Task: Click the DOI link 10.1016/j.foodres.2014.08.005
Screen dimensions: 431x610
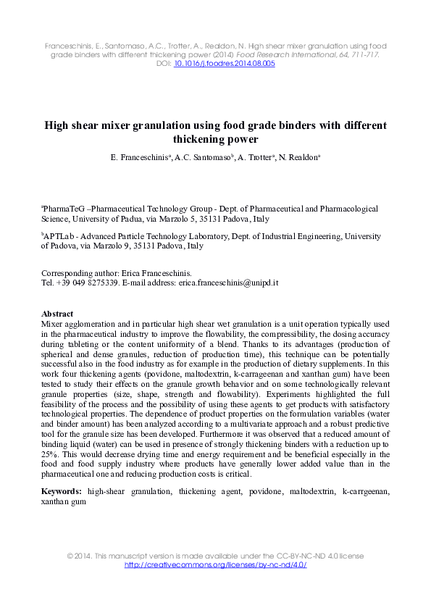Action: (225, 64)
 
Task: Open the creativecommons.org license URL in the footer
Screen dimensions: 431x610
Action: (216, 565)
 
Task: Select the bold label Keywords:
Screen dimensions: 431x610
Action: (62, 490)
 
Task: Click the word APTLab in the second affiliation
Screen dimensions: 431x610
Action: (59, 236)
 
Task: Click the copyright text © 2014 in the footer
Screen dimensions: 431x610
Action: (81, 556)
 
